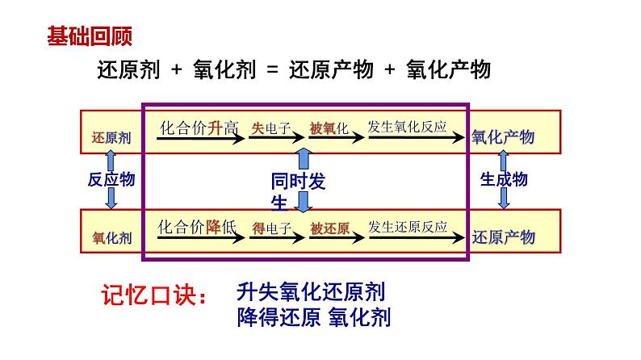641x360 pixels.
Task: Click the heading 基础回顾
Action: coord(89,36)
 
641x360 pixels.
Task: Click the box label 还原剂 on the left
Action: coord(111,137)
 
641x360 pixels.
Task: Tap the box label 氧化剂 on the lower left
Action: coord(111,237)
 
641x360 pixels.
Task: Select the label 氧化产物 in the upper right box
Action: coord(502,137)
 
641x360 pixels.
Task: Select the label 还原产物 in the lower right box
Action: coord(502,237)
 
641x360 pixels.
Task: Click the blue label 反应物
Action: coord(111,179)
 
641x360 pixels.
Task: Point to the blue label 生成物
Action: coord(504,179)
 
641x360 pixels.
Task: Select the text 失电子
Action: coord(271,128)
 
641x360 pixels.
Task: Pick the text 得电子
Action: coord(271,228)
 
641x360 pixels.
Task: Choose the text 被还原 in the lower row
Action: coord(329,228)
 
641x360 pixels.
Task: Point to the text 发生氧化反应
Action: coord(417,128)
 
